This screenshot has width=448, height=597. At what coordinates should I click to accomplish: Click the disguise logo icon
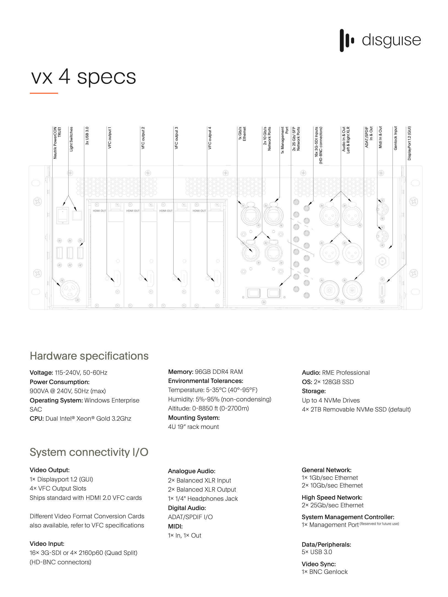point(346,40)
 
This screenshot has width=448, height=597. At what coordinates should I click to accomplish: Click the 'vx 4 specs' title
point(84,77)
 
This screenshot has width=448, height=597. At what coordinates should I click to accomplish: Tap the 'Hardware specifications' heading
point(89,356)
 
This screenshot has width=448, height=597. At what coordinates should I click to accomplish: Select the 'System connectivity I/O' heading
point(89,452)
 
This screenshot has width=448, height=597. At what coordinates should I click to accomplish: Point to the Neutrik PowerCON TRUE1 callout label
point(57,143)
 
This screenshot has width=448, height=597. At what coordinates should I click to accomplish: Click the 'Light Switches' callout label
point(71,139)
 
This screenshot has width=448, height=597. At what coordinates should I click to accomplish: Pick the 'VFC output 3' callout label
point(176,138)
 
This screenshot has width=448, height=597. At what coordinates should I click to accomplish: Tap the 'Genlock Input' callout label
point(395,138)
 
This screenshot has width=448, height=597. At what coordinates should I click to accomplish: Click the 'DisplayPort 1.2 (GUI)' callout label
point(409,143)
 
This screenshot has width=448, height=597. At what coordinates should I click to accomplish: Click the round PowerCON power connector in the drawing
point(70,290)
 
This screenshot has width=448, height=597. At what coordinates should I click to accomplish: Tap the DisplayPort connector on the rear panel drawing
point(382,290)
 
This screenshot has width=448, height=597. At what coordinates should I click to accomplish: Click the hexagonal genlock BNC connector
point(382,261)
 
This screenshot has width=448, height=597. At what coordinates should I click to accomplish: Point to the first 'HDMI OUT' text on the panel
point(99,211)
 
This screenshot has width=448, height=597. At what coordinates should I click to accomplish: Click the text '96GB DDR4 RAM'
point(219,372)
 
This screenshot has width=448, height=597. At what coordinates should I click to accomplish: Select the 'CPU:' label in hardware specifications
point(37,419)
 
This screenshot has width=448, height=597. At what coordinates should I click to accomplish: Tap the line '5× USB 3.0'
point(317,552)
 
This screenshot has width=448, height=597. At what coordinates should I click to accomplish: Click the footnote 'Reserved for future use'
point(379,524)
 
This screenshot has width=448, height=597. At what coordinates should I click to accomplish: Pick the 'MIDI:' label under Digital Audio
point(175,527)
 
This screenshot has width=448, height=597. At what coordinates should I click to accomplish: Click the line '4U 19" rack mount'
point(193,427)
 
